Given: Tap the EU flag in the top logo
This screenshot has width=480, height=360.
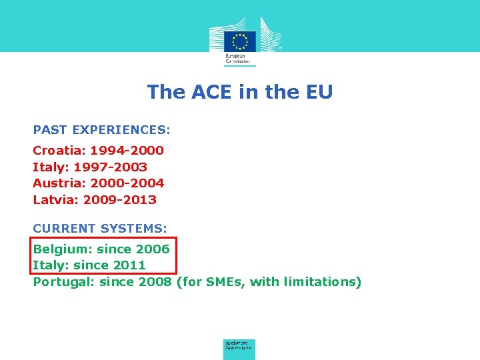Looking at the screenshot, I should pyautogui.click(x=239, y=41).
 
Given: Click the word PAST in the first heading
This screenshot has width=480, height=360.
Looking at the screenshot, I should pyautogui.click(x=49, y=129).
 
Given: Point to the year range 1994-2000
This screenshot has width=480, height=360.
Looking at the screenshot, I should pyautogui.click(x=127, y=151).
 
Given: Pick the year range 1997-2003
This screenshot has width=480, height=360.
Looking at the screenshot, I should pyautogui.click(x=110, y=167).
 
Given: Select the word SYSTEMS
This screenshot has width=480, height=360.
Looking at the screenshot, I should pyautogui.click(x=134, y=228).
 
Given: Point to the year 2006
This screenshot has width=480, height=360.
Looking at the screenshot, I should pyautogui.click(x=153, y=249).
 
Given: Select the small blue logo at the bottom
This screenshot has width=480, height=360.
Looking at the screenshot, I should pyautogui.click(x=239, y=349).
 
